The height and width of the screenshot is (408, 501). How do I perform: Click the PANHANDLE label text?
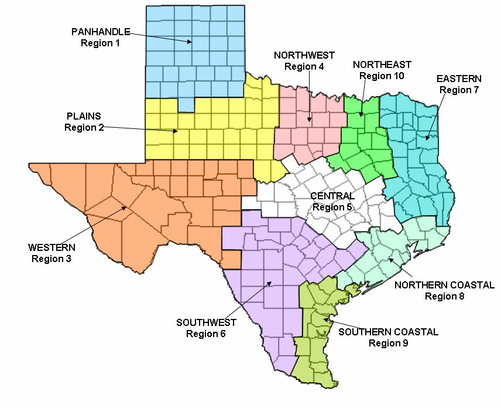tap(101, 31)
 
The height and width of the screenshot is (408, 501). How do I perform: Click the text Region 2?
tap(84, 127)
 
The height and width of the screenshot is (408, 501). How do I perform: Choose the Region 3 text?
tap(52, 259)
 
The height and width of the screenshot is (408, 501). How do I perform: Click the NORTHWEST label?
tap(304, 55)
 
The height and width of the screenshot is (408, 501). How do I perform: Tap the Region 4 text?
tap(304, 66)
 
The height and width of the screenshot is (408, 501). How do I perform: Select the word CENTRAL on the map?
tap(332, 196)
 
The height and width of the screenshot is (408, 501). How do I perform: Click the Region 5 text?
tap(332, 207)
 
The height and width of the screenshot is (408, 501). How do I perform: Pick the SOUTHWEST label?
tap(206, 322)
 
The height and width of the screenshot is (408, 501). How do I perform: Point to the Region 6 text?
tap(206, 334)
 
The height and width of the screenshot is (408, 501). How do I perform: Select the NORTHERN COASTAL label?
tap(445, 285)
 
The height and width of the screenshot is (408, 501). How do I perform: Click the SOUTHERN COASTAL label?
tap(388, 332)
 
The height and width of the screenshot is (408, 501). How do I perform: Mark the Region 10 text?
tap(382, 76)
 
